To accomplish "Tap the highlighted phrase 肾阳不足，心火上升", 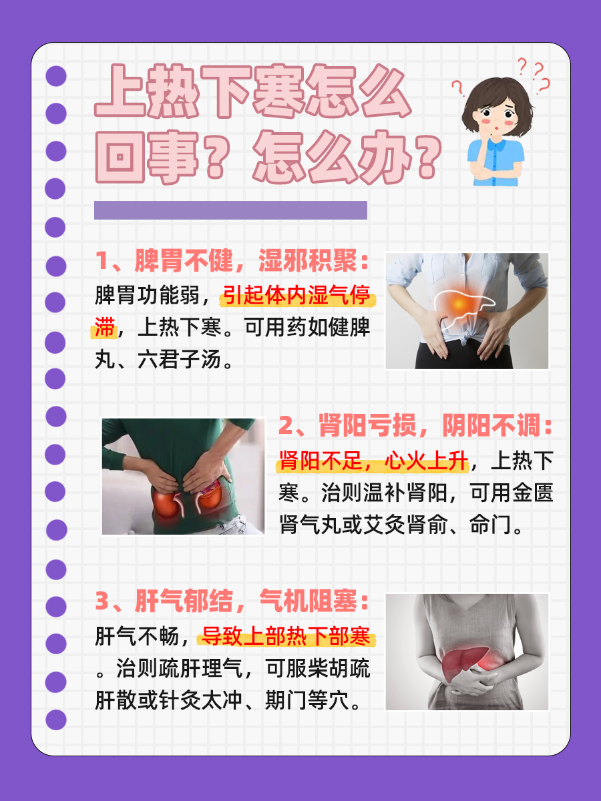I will [x=374, y=461].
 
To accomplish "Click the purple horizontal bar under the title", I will [x=231, y=210].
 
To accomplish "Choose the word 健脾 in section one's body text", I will [x=347, y=328].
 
